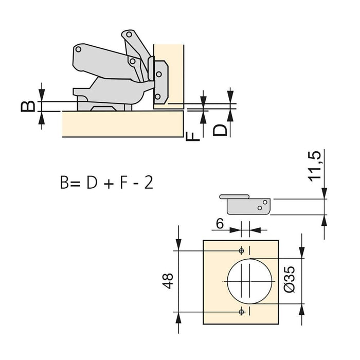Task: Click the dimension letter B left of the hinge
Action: (x=30, y=105)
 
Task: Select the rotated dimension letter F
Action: (x=190, y=136)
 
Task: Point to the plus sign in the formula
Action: (x=107, y=183)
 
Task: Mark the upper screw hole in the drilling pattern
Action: (x=241, y=250)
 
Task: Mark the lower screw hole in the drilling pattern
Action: (x=241, y=312)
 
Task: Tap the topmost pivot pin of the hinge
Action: (x=125, y=35)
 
